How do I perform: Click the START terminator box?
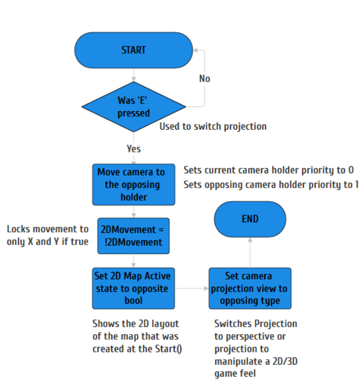click(x=134, y=50)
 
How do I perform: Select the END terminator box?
click(x=250, y=220)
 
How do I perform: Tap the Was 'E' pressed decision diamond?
click(x=134, y=107)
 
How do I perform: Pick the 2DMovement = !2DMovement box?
click(x=133, y=236)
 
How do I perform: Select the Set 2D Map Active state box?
click(x=133, y=288)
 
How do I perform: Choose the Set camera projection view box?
click(x=249, y=288)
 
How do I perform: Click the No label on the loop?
click(x=205, y=79)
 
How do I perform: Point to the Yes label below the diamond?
click(x=134, y=149)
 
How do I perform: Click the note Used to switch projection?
click(x=213, y=126)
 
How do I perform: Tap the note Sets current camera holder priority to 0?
click(x=268, y=170)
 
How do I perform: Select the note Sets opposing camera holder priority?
click(x=271, y=185)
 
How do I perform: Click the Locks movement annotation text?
click(x=48, y=235)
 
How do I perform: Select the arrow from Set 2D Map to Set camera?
click(x=192, y=288)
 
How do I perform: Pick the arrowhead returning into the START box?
click(x=196, y=50)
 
